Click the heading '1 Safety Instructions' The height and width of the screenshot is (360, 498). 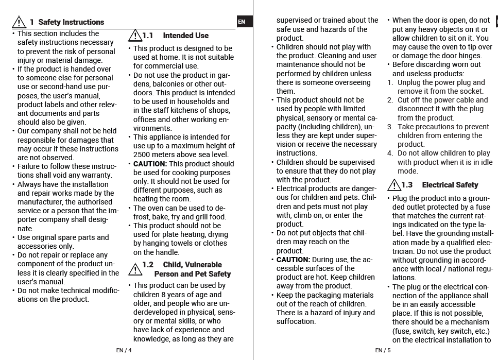pos(66,22)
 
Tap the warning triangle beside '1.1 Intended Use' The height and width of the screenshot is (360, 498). pos(135,36)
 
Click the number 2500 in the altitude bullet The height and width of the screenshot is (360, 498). pos(142,155)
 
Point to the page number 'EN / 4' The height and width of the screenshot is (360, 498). pos(124,351)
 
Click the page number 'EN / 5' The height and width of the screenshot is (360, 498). pos(383,351)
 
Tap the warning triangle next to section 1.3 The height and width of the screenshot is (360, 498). pos(394,185)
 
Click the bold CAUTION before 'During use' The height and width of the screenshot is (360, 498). pos(293,260)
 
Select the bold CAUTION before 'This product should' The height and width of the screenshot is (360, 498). pos(150,164)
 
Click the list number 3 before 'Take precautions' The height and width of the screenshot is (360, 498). pos(390,127)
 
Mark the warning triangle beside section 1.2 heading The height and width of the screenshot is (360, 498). pos(135,269)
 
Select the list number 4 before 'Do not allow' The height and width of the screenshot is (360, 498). pos(390,153)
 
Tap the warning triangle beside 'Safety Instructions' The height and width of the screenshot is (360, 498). pos(19,22)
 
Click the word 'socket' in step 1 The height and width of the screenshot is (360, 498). pos(469,91)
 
